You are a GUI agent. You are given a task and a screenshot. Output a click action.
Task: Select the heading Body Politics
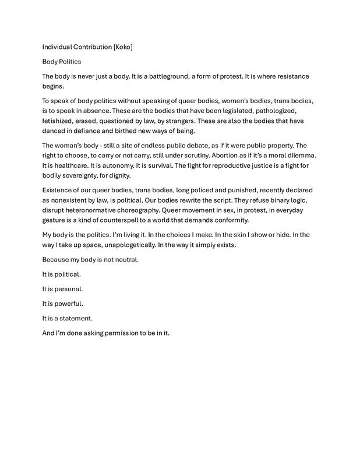[62, 61]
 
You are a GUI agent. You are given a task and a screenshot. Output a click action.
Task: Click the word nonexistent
[73, 200]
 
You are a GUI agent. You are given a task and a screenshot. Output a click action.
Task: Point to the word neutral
[125, 260]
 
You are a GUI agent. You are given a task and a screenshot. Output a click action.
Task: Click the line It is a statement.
[68, 319]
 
